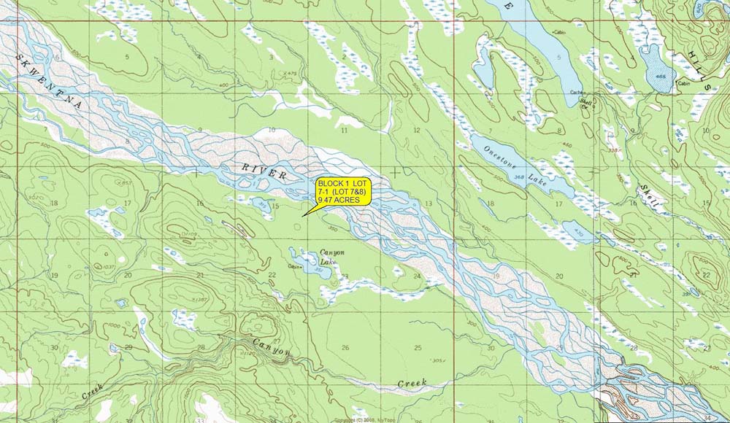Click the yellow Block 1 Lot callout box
tap(343, 190)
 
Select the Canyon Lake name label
tap(332, 257)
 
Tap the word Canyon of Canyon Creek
tap(271, 347)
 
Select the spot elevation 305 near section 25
tap(438, 360)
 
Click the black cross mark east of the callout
tap(396, 171)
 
